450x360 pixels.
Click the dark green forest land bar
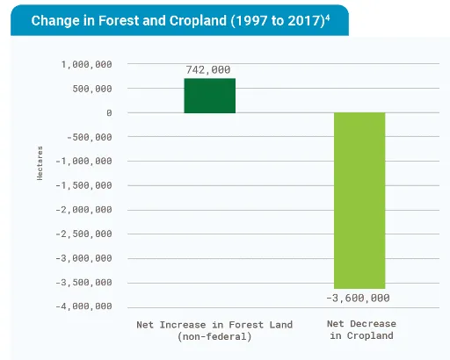pos(209,96)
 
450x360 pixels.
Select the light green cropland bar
pos(359,200)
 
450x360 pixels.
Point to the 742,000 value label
pos(209,69)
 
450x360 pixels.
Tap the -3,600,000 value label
pos(359,299)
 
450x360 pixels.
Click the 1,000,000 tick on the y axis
pos(86,64)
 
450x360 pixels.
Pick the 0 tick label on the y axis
pos(109,113)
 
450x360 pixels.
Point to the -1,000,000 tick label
pos(84,162)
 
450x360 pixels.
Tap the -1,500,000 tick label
pos(84,185)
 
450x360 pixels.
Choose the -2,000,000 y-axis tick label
pos(84,210)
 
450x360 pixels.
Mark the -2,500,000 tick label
pos(84,234)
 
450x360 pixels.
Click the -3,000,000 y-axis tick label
pos(84,258)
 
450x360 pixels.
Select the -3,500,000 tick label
pos(84,283)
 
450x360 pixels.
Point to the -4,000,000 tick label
pos(84,306)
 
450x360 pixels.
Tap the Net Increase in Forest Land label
pos(214,330)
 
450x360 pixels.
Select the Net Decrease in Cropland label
pos(361,330)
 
